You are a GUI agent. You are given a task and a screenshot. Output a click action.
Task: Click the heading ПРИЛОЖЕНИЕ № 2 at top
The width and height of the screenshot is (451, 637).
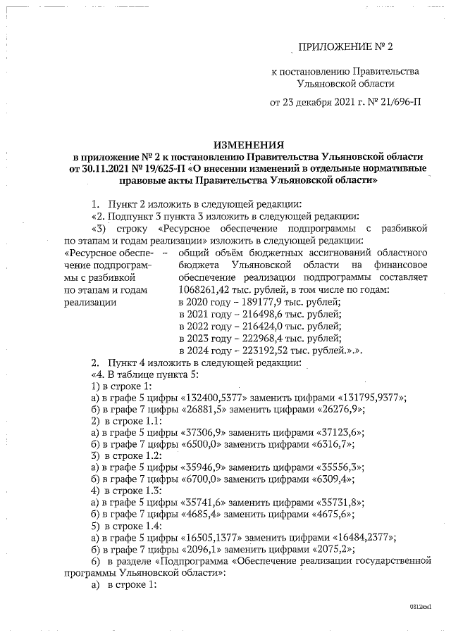[345, 47]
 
